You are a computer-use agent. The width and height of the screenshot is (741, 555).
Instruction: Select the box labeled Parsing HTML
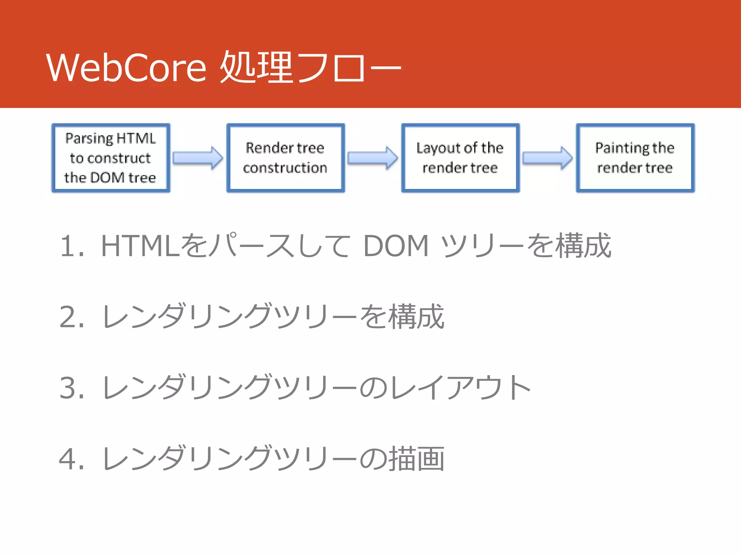(x=111, y=158)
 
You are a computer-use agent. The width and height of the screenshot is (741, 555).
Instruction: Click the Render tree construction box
(x=285, y=158)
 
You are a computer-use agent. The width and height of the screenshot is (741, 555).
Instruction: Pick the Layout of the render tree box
(x=460, y=158)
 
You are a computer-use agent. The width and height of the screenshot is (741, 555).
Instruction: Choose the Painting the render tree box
(x=635, y=158)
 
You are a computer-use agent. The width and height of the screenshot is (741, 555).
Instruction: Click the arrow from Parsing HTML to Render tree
(x=198, y=158)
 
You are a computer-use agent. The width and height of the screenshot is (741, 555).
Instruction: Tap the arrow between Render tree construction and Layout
(x=373, y=158)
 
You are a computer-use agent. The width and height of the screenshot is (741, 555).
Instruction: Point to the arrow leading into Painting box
(x=547, y=158)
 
